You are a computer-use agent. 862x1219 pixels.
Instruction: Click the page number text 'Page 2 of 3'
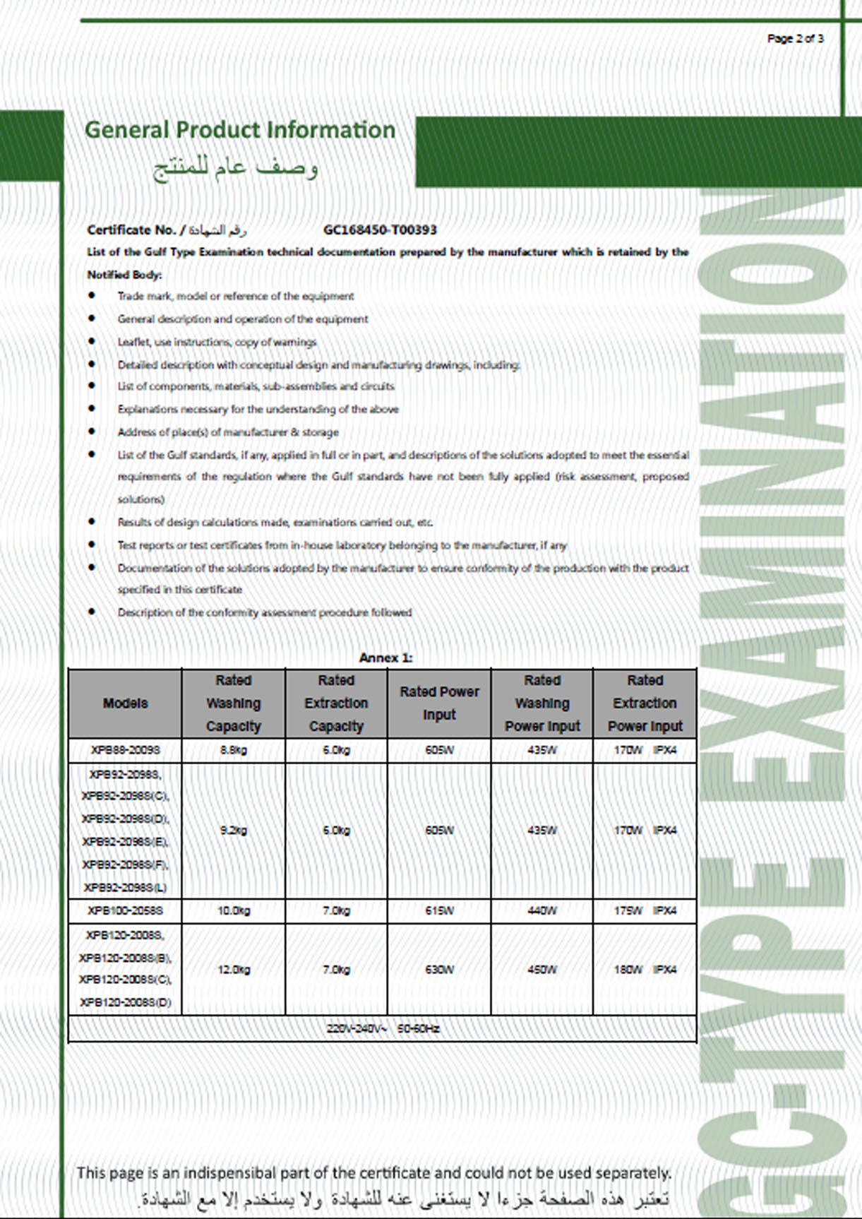click(795, 39)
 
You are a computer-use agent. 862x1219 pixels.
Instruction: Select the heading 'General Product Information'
click(239, 130)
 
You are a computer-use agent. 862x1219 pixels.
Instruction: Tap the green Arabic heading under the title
click(236, 168)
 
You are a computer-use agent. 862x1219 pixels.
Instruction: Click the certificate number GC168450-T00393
click(380, 230)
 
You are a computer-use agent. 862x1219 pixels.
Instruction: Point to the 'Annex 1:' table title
click(385, 658)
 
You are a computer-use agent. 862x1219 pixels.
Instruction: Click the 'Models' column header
click(125, 703)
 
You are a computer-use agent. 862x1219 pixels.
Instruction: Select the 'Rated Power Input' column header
click(439, 703)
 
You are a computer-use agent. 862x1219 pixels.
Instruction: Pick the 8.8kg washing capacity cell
click(233, 750)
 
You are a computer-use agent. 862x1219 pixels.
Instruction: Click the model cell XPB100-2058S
click(125, 910)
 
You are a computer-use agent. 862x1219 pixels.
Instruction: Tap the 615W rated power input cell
click(439, 910)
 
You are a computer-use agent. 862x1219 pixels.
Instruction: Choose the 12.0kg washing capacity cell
click(233, 970)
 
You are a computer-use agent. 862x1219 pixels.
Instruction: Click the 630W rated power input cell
click(439, 970)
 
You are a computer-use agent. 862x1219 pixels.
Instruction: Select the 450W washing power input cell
click(542, 970)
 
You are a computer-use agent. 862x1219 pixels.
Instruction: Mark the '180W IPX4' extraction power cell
click(645, 970)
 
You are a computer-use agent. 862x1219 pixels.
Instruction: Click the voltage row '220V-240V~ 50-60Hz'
click(383, 1028)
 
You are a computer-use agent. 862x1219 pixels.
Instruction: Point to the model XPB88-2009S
click(125, 750)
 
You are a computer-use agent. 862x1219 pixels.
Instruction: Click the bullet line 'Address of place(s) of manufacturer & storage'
click(228, 432)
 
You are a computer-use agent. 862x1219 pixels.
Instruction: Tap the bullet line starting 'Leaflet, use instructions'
click(217, 342)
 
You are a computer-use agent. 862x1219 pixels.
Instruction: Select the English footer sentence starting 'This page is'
click(373, 1173)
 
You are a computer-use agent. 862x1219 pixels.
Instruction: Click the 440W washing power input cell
click(542, 910)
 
